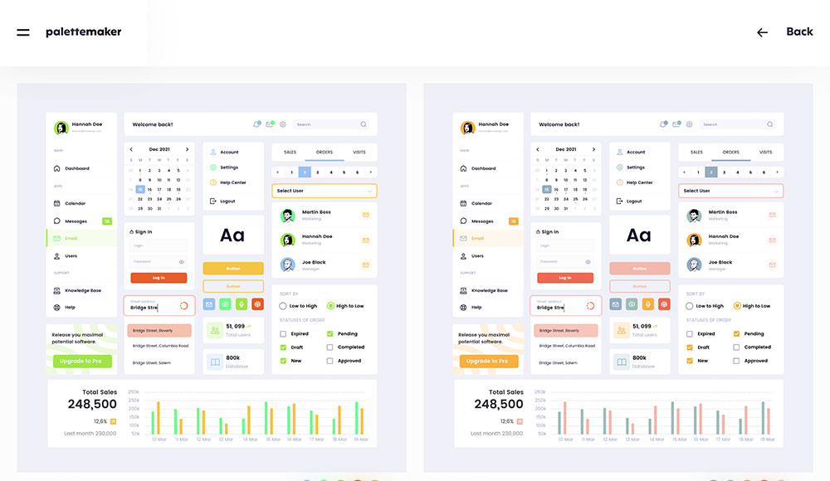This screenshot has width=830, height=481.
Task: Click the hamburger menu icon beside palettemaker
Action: [23, 32]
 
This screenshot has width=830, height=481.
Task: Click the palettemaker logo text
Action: [83, 32]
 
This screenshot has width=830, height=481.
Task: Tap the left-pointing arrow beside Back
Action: [762, 32]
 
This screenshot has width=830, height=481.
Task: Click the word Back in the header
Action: [799, 32]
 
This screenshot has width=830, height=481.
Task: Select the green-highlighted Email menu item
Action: [81, 239]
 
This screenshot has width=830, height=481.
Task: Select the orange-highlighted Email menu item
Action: [488, 239]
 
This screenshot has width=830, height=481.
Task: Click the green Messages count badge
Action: [107, 221]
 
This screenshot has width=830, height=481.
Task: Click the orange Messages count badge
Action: [514, 221]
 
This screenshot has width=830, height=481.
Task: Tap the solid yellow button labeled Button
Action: [233, 269]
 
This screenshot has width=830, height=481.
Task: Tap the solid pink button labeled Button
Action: [640, 269]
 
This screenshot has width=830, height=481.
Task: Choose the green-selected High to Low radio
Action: [330, 306]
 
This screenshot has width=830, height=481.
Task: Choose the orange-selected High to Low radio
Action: [737, 306]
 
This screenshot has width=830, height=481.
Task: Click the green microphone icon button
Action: [242, 304]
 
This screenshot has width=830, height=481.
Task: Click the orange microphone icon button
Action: [648, 304]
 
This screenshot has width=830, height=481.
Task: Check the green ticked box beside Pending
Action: [330, 334]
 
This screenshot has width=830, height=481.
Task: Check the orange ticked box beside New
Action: [690, 361]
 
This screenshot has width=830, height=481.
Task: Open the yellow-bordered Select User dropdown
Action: [325, 191]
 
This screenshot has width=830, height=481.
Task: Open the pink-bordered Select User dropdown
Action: [731, 191]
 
